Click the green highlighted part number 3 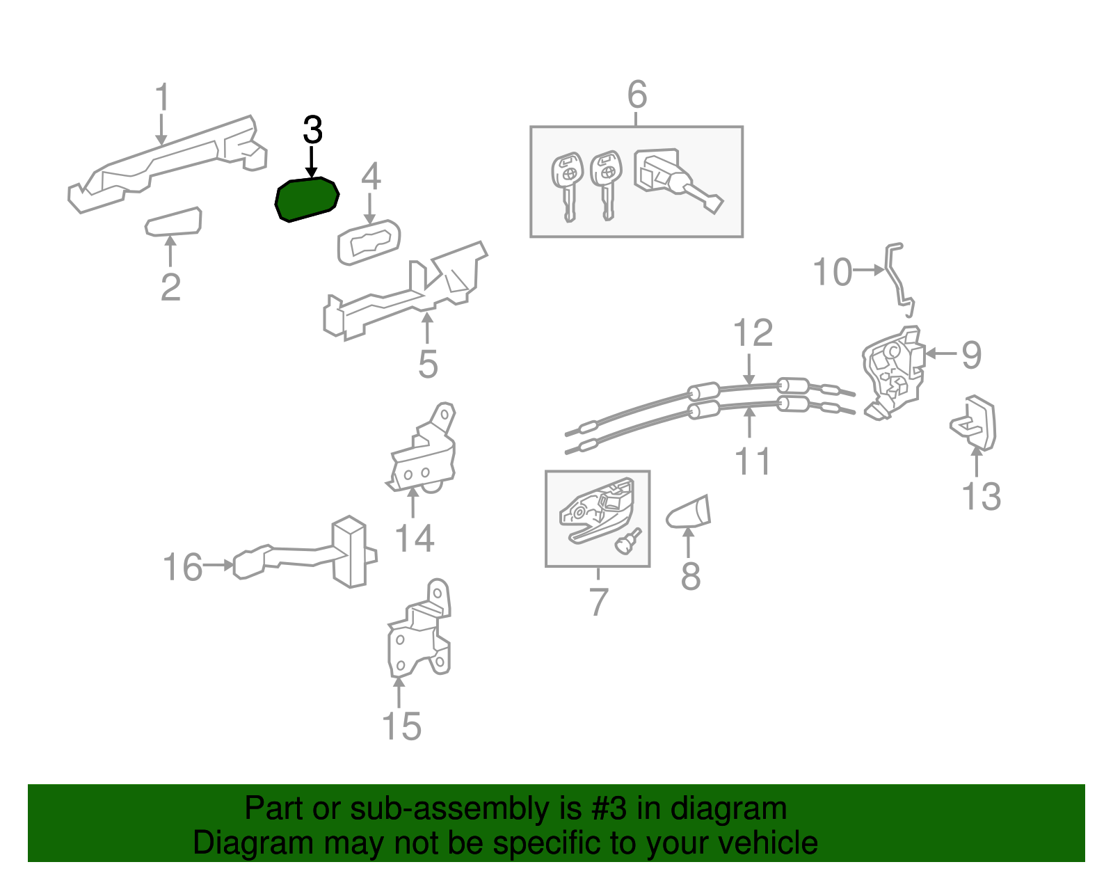307,199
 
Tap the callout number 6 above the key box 637,94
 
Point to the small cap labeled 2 173,221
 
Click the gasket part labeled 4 369,242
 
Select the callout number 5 428,365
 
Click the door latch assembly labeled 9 893,373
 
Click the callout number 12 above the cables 753,333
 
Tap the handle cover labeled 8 689,513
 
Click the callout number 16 182,567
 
